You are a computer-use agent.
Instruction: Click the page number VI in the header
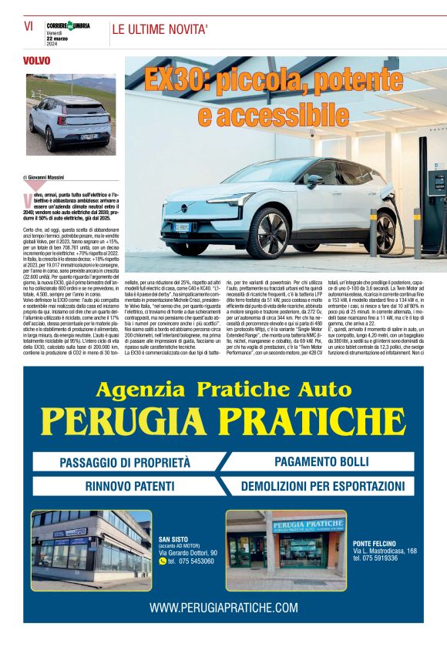[x=29, y=25]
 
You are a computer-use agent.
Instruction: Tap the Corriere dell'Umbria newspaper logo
[x=69, y=26]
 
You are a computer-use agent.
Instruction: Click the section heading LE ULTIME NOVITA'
[x=160, y=31]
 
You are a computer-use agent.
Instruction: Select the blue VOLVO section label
[x=36, y=60]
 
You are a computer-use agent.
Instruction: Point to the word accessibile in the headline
[x=273, y=116]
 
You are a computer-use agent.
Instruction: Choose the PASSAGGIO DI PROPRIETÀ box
[x=124, y=463]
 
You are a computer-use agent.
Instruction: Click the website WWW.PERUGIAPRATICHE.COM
[x=223, y=608]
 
